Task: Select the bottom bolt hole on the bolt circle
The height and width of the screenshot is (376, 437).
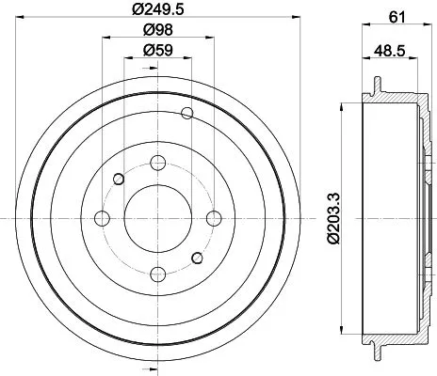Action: tap(157, 272)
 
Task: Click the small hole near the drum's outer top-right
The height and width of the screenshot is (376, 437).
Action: tap(186, 115)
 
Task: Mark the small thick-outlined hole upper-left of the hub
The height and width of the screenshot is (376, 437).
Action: tap(119, 179)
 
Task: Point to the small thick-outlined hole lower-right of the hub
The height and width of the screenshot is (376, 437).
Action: tap(196, 258)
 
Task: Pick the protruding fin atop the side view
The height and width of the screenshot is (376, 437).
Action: tap(378, 86)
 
